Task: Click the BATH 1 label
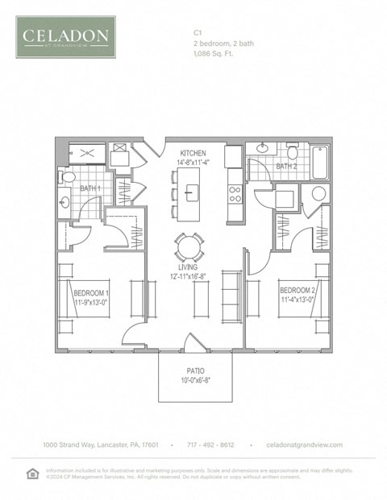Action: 89,188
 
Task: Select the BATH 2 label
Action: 286,167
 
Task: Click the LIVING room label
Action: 192,270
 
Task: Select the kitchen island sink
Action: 192,192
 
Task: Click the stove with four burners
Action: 235,193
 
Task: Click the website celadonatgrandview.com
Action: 304,444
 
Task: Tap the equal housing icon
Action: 33,473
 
